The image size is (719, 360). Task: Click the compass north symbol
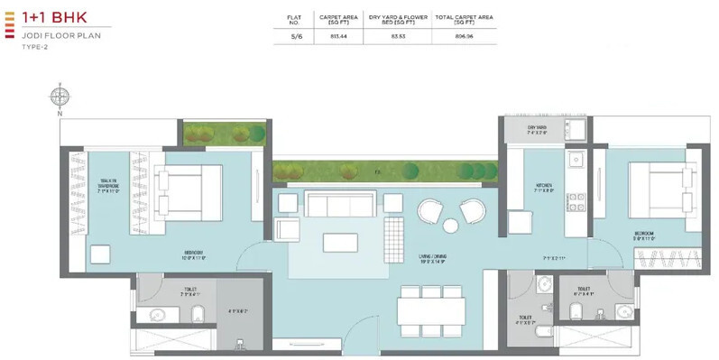59,97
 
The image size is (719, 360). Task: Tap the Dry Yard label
539,129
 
